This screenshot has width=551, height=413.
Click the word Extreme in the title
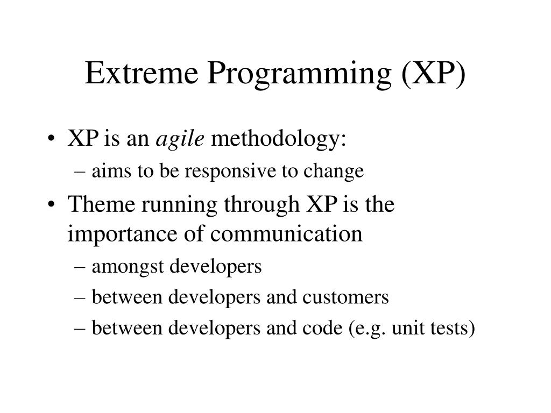point(142,73)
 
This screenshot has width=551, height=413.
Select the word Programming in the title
point(299,75)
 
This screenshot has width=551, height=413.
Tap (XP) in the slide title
point(433,74)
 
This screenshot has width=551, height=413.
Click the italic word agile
point(180,139)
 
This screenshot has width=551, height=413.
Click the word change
point(334,172)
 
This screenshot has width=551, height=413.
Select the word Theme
point(101,204)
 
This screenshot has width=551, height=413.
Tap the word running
point(179,206)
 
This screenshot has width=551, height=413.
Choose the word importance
point(122,234)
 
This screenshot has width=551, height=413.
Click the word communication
point(286,233)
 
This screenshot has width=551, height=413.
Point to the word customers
point(345,297)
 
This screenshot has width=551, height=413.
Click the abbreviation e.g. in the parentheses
point(368,330)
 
